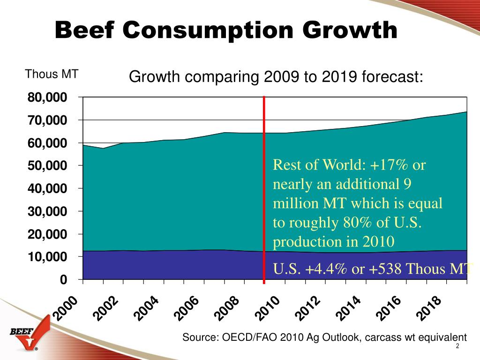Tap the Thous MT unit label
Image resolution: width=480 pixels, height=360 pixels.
[52, 74]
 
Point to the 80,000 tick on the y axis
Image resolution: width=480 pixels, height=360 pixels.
[47, 97]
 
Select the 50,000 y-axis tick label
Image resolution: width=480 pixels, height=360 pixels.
[47, 166]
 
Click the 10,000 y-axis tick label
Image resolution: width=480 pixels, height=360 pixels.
[47, 257]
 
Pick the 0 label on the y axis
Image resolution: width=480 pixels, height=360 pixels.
[63, 280]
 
